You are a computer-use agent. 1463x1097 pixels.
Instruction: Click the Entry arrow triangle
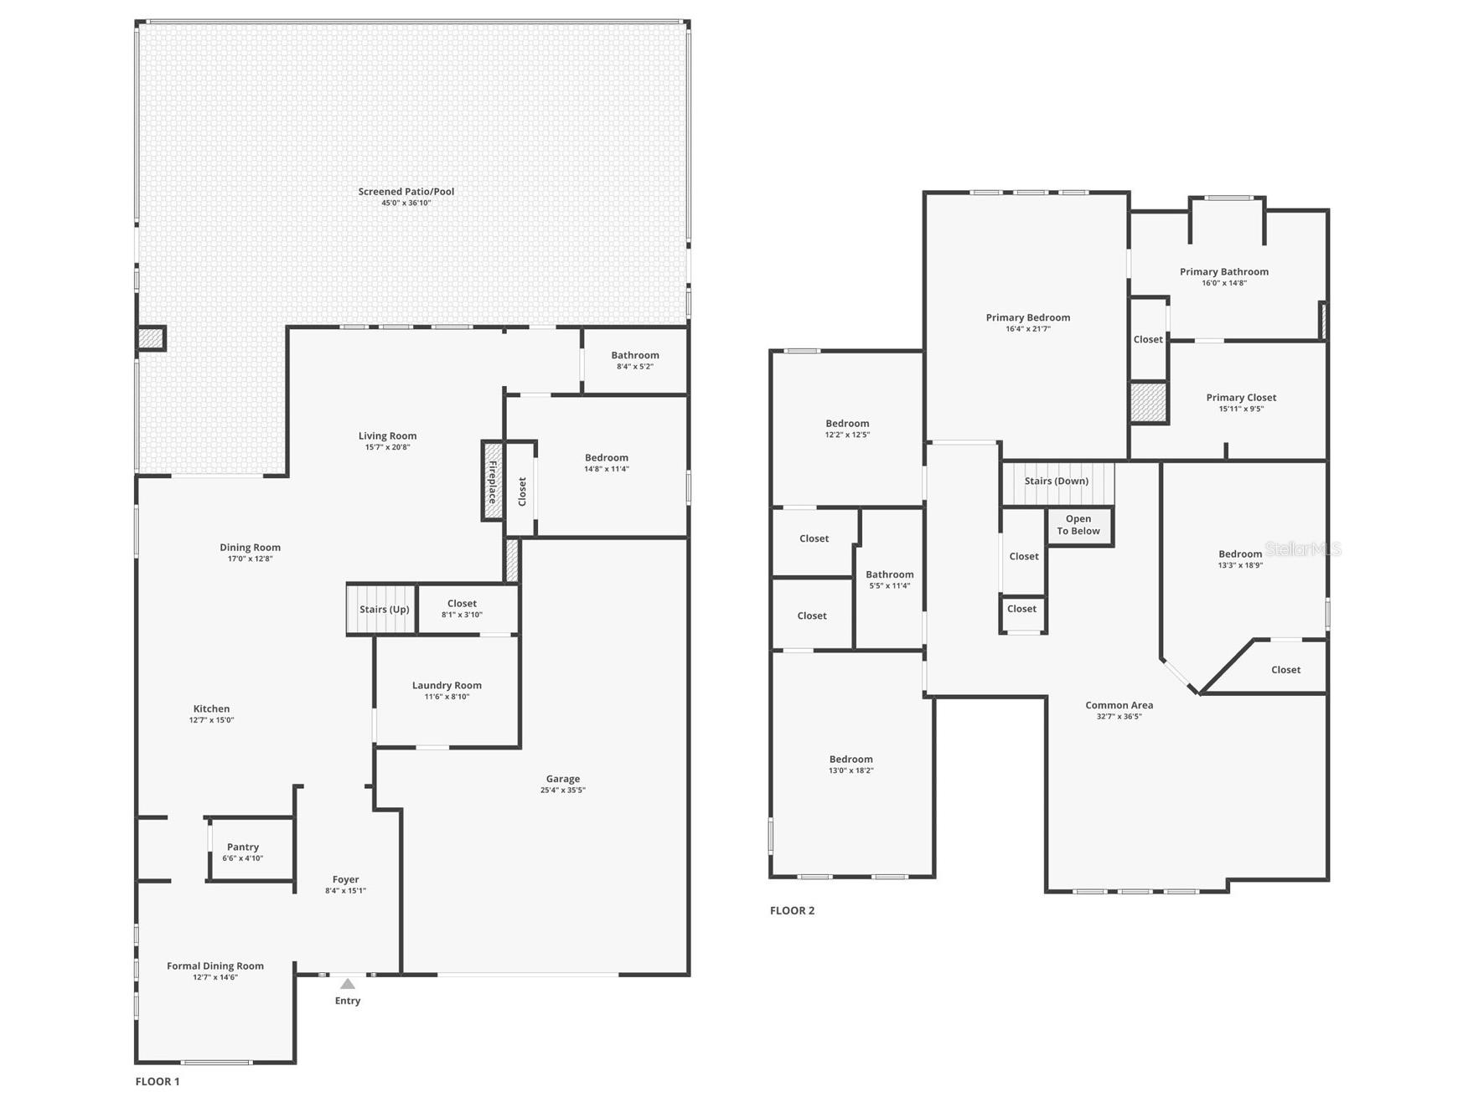pos(347,984)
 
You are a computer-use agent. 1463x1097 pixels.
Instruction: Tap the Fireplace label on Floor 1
pos(493,482)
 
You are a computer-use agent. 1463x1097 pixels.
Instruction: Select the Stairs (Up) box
pos(383,609)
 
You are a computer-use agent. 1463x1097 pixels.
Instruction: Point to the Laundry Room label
pos(447,685)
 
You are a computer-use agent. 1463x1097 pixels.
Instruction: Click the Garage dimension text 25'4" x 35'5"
pos(562,791)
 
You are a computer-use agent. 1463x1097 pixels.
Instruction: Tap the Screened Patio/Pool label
pos(406,192)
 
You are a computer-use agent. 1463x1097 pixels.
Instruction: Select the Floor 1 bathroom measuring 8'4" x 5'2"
pos(634,360)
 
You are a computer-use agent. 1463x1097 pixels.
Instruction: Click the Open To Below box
pos(1078,525)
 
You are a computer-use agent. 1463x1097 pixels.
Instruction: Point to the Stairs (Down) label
pos(1056,482)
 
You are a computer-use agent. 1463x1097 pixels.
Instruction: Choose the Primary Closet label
pos(1241,398)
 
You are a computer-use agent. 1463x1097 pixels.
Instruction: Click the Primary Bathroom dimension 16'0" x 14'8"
pos(1224,283)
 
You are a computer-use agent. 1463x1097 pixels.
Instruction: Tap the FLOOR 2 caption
pos(792,910)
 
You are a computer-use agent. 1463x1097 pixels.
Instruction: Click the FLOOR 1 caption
pos(158,1081)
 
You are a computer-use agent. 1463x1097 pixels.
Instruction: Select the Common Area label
pos(1119,705)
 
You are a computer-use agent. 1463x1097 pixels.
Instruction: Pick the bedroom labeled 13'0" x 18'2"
pos(850,764)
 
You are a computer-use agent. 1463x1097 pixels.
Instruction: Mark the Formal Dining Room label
pos(215,966)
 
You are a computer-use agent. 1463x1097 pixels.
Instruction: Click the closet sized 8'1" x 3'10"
pos(462,608)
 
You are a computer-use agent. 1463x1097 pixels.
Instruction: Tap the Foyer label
pos(345,879)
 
